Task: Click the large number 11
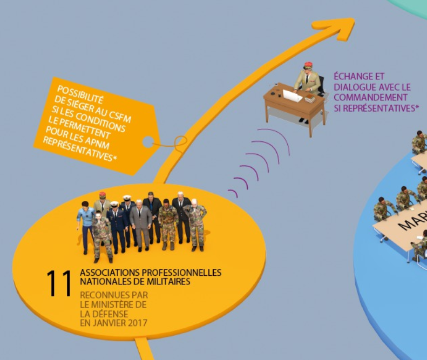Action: click(59, 283)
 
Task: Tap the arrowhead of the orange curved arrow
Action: click(337, 27)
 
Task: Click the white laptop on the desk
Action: click(292, 96)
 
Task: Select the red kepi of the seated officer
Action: click(308, 65)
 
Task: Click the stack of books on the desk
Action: click(310, 98)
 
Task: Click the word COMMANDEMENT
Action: click(371, 98)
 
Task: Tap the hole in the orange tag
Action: click(148, 142)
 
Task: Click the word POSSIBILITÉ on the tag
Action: click(80, 94)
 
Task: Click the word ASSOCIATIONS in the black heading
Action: click(110, 273)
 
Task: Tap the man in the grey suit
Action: click(140, 225)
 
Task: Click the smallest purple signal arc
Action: click(234, 193)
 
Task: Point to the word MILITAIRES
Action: click(168, 281)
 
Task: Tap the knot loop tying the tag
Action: click(180, 142)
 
